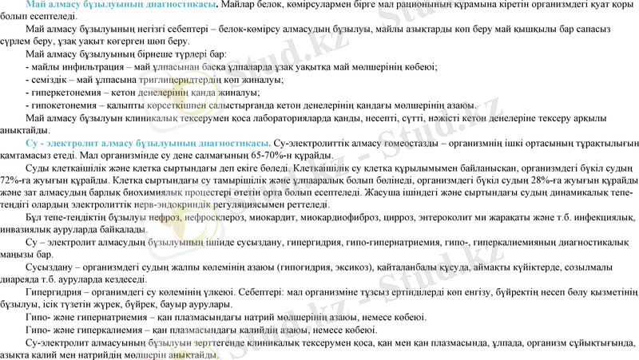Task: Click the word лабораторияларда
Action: pyautogui.click(x=323, y=118)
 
